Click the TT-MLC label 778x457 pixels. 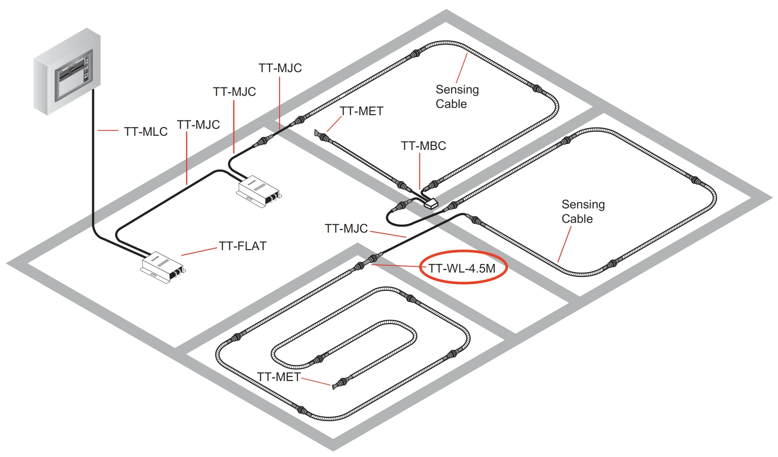(x=146, y=132)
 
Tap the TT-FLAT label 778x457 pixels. (x=243, y=246)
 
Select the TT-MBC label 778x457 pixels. (x=423, y=146)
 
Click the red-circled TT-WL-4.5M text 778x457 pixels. (x=462, y=269)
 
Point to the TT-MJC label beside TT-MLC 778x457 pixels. (x=198, y=125)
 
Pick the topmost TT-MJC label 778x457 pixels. (x=280, y=68)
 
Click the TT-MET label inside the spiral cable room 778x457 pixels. (x=278, y=377)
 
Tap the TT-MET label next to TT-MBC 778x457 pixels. (x=362, y=111)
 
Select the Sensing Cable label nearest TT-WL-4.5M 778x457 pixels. (x=583, y=212)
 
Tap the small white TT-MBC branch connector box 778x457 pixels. (x=431, y=204)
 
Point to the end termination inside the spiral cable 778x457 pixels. (x=334, y=386)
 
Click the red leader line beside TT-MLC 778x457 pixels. (x=108, y=131)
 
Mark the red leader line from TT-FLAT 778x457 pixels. (x=199, y=252)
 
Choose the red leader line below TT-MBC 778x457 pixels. (x=420, y=171)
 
